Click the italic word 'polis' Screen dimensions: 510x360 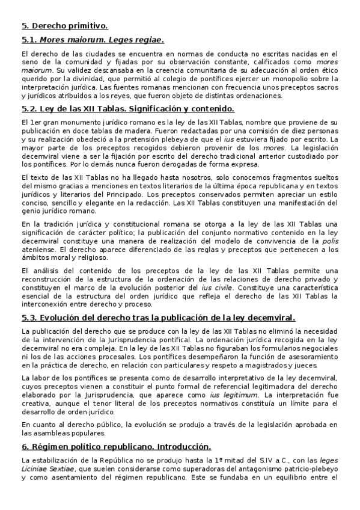pyautogui.click(x=329, y=241)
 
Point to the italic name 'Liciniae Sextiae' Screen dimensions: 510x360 pyautogui.click(x=47, y=470)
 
